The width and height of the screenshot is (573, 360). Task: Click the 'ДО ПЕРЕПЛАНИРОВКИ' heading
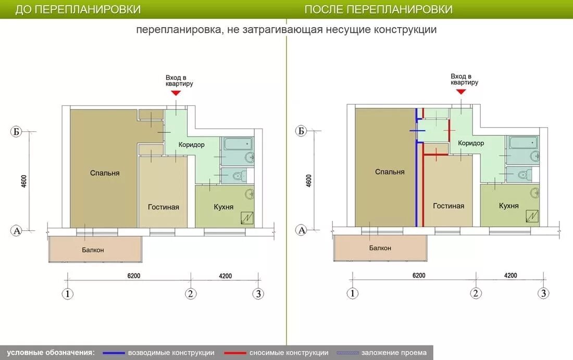(x=78, y=9)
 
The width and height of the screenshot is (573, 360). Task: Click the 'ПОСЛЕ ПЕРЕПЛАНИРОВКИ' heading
(x=379, y=9)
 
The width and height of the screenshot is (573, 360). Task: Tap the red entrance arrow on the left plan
(x=176, y=93)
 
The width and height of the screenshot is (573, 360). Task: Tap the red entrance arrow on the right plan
(x=461, y=92)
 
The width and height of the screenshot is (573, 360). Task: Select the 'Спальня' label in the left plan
(x=105, y=173)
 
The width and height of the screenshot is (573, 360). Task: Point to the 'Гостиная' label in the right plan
(x=449, y=206)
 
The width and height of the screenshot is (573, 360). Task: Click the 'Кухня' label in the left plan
(x=223, y=207)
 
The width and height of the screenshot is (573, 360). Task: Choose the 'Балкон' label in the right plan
(x=380, y=248)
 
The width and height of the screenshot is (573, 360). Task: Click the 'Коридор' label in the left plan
(x=192, y=145)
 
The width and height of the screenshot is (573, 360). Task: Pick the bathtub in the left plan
(x=238, y=144)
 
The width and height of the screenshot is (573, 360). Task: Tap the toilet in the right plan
(x=524, y=175)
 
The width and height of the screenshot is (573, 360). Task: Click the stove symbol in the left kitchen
(x=247, y=217)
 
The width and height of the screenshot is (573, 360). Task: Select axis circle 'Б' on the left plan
(x=16, y=132)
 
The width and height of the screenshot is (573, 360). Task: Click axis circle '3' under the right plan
(x=543, y=293)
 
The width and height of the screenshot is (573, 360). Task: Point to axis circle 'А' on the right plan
(x=302, y=230)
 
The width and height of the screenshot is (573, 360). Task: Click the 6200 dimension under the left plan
(x=134, y=276)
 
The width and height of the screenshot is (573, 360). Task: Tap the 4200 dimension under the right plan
(x=510, y=276)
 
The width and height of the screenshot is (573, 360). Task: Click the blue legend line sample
(x=114, y=353)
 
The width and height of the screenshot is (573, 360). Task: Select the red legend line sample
(x=235, y=353)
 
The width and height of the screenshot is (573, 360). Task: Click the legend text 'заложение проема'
(x=394, y=353)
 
